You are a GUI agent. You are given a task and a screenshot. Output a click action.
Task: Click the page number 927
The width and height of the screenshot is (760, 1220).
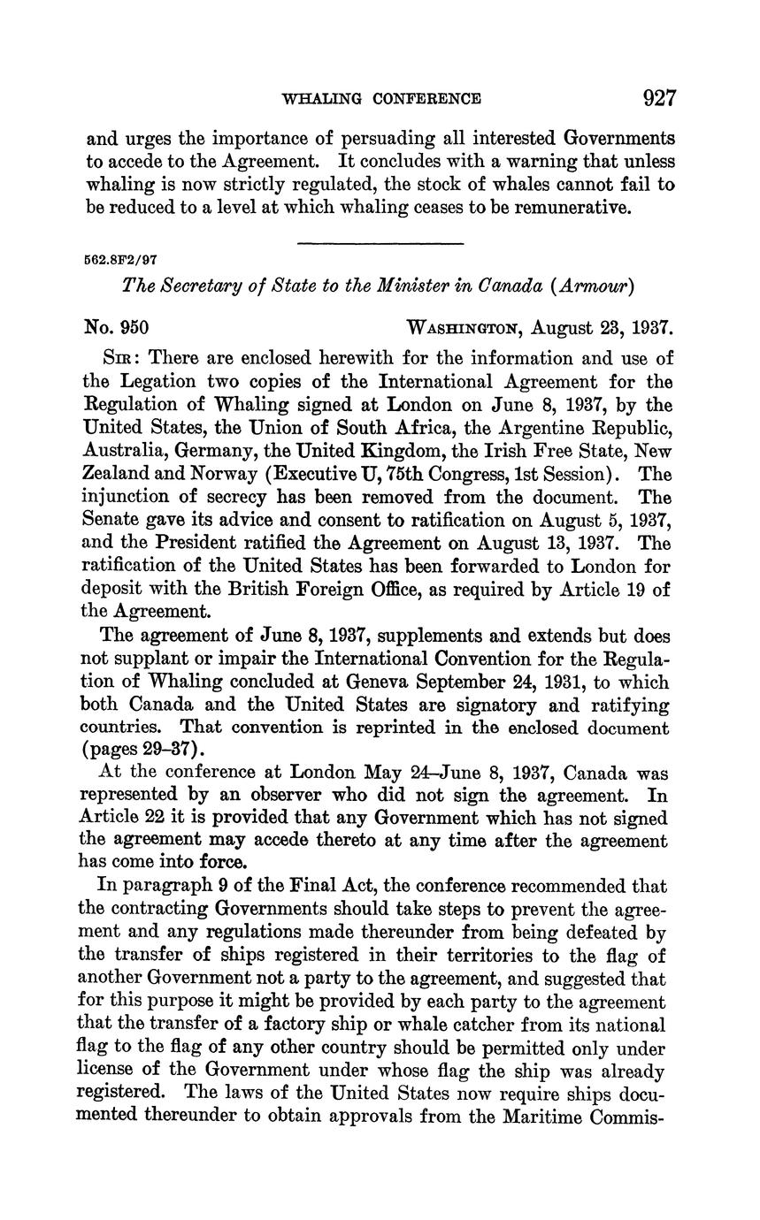tap(659, 97)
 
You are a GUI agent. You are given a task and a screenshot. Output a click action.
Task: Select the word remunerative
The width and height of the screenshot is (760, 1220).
tap(558, 208)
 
